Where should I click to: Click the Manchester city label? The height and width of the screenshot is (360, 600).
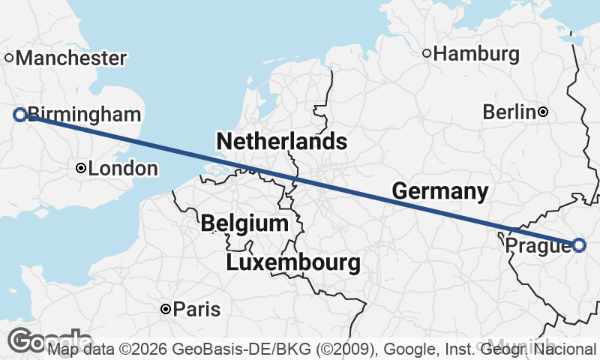70,58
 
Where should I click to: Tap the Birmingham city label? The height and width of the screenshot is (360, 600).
84,115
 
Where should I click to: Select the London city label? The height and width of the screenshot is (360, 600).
123,169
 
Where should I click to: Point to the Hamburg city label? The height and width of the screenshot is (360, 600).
476,54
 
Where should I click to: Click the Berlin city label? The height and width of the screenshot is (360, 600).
509,112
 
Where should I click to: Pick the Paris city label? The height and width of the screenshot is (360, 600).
197,309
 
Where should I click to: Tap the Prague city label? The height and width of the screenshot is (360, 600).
537,246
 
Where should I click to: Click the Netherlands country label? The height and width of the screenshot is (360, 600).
281,141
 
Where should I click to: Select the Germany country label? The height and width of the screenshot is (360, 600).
440,191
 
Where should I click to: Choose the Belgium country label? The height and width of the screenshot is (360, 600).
244,223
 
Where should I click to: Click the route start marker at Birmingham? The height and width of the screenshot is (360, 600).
20,115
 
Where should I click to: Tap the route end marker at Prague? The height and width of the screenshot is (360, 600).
578,244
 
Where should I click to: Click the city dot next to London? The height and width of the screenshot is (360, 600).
81,169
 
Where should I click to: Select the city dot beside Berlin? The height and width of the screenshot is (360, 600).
543,112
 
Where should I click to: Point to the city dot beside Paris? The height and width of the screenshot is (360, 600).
166,309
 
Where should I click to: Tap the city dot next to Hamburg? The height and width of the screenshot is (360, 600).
427,53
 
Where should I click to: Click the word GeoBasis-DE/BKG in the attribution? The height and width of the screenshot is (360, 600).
223,349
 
